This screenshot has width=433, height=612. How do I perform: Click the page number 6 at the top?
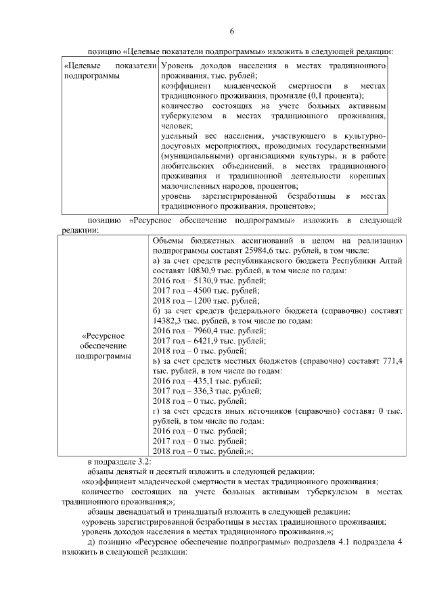pos(231,32)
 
